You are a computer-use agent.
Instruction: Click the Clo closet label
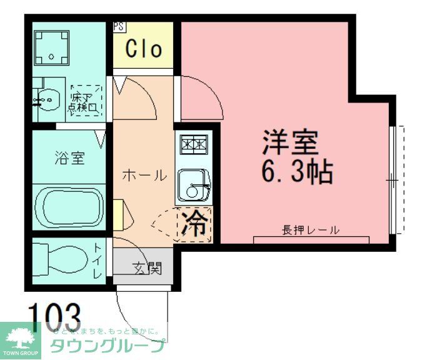coord(143,49)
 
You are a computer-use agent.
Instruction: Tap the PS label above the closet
coord(119,27)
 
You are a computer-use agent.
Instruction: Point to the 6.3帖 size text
coord(296,172)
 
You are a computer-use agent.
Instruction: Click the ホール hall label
coord(144,176)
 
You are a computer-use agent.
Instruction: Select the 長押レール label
coord(311,229)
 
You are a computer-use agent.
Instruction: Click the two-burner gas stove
coord(194,145)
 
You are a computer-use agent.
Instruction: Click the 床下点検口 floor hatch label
coord(85,102)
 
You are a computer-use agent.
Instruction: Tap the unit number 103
coord(54,316)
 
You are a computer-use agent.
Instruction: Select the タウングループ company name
coord(108,345)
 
